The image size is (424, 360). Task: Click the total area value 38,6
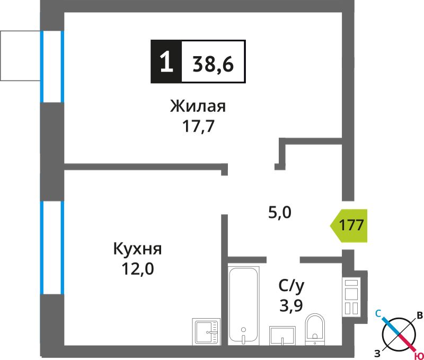pyautogui.click(x=213, y=64)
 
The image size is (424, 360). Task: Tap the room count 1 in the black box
pyautogui.click(x=166, y=62)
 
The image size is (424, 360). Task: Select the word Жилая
pyautogui.click(x=198, y=106)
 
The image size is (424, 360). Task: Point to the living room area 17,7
pyautogui.click(x=198, y=126)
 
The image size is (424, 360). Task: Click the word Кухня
pyautogui.click(x=137, y=248)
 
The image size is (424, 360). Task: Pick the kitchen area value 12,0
pyautogui.click(x=138, y=269)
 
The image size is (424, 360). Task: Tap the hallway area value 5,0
pyautogui.click(x=280, y=213)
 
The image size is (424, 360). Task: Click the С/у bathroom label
pyautogui.click(x=291, y=286)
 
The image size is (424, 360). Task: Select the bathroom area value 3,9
pyautogui.click(x=291, y=305)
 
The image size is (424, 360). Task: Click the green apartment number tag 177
pyautogui.click(x=349, y=225)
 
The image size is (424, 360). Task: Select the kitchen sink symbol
pyautogui.click(x=206, y=331)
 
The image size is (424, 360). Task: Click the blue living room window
pyautogui.click(x=52, y=66)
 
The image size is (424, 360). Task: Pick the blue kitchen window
pyautogui.click(x=52, y=248)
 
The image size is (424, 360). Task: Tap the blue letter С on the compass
pyautogui.click(x=378, y=313)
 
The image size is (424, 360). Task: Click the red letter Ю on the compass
pyautogui.click(x=419, y=356)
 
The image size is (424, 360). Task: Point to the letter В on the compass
pyautogui.click(x=420, y=315)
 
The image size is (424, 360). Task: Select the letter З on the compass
pyautogui.click(x=377, y=353)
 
